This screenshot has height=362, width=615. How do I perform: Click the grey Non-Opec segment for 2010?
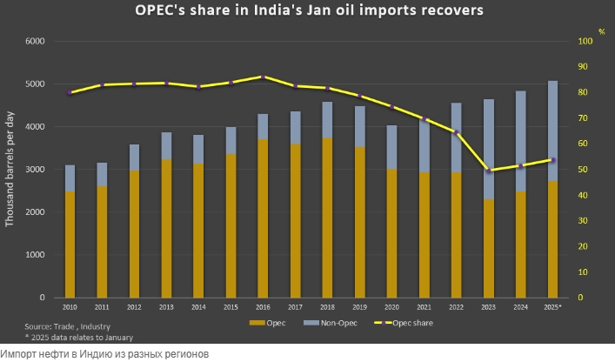click(70, 178)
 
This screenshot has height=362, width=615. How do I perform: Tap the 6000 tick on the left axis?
click(35, 42)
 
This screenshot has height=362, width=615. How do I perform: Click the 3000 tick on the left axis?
click(35, 170)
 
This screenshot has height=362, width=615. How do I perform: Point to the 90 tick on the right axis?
click(585, 67)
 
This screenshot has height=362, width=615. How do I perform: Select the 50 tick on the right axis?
click(585, 170)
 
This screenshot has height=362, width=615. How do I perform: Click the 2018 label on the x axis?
click(328, 307)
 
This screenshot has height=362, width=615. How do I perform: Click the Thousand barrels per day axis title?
click(10, 170)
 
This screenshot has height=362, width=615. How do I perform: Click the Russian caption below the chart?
click(104, 354)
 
